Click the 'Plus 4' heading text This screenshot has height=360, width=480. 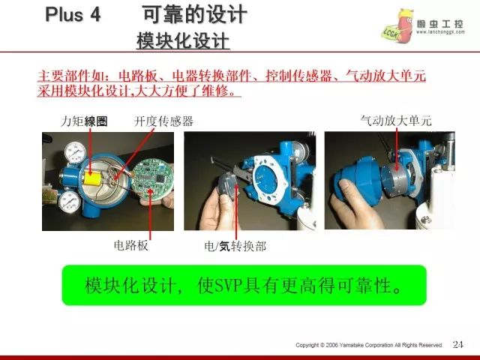point(73,14)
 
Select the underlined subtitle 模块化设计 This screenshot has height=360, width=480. point(183,41)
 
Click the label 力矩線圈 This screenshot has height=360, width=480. point(84,121)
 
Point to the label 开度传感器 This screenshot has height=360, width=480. point(163,121)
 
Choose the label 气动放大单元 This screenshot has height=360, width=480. point(396,121)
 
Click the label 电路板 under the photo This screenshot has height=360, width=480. point(130,245)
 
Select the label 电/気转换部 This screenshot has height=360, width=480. point(235,246)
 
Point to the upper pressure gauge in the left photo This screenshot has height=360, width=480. point(75,152)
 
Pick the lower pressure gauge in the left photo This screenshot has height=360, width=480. point(70,202)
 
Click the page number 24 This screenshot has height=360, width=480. point(458,345)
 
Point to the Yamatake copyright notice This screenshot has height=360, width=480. point(369,345)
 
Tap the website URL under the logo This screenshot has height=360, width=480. point(440,32)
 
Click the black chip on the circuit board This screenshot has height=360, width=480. point(160,178)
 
